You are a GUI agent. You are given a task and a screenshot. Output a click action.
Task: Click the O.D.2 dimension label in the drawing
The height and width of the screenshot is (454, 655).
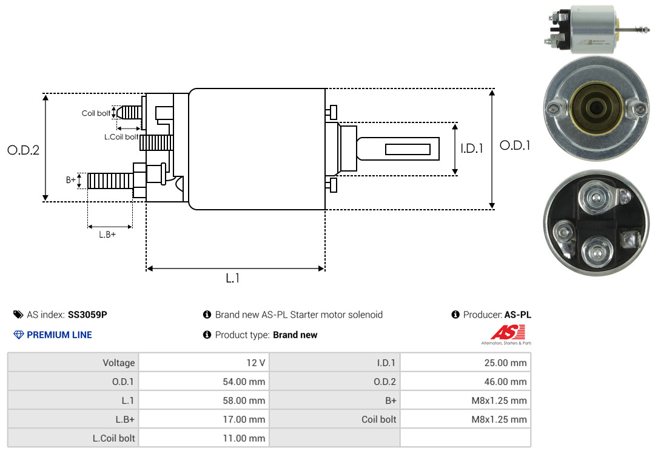(x=24, y=150)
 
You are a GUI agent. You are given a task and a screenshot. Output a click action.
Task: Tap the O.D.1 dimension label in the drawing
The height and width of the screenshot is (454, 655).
(x=515, y=145)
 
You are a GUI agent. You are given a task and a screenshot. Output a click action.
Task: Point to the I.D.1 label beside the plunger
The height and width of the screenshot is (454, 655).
(x=472, y=149)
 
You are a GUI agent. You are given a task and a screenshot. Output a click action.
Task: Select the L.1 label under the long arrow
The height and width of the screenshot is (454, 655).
(x=233, y=278)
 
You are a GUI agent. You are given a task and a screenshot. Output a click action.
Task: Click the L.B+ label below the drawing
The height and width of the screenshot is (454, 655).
(x=107, y=235)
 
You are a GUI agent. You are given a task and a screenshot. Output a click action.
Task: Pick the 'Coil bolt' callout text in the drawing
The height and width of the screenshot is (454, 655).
(x=96, y=113)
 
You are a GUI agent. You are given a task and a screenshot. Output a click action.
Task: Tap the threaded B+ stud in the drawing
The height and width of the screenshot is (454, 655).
(x=111, y=181)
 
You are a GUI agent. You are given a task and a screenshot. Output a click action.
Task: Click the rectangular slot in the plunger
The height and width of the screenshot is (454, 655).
(x=408, y=149)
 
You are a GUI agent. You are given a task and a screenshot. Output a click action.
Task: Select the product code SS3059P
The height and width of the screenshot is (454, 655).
(x=87, y=315)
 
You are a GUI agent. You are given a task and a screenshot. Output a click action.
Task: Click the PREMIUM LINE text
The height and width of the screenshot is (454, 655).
(x=59, y=335)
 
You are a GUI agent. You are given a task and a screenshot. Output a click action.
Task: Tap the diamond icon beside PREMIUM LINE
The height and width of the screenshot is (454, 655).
(x=19, y=335)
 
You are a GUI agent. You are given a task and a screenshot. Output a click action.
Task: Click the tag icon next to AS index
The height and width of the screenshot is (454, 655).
(x=18, y=315)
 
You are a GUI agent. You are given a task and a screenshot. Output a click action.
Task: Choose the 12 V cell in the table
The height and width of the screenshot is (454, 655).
(x=204, y=362)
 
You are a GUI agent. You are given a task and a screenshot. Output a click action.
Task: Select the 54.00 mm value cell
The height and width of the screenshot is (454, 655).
(x=204, y=381)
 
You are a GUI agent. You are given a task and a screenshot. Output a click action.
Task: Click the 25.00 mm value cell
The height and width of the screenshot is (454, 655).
(x=465, y=362)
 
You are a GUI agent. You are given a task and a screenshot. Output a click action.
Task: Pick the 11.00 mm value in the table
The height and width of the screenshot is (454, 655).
(x=244, y=438)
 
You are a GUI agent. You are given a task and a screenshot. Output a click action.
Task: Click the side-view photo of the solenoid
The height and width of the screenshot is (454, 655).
(x=597, y=29)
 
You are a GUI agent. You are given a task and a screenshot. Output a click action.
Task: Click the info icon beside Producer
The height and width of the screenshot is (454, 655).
(x=455, y=315)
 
